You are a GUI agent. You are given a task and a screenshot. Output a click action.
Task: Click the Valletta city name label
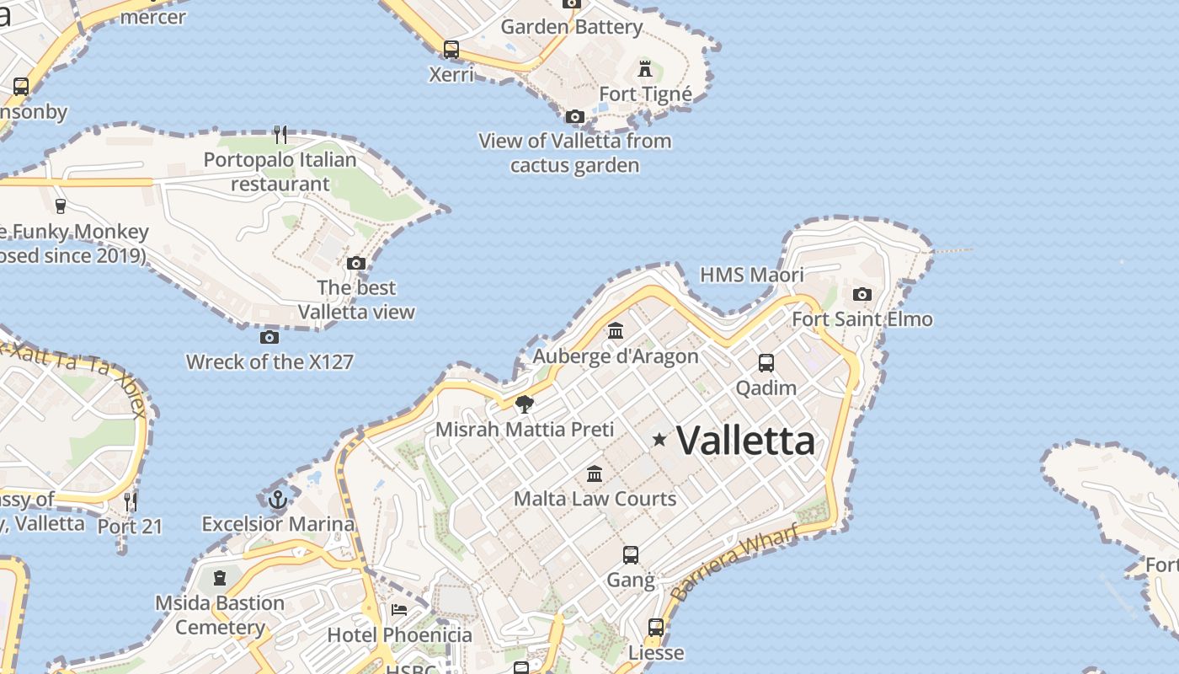click(745, 441)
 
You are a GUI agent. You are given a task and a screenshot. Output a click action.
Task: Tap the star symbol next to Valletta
click(659, 439)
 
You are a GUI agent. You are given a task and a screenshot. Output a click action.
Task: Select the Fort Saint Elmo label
click(862, 319)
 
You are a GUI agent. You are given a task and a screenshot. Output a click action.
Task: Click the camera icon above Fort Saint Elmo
click(862, 294)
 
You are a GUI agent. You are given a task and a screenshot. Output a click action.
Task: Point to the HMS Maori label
click(752, 275)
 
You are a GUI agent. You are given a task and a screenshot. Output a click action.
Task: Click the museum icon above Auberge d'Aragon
click(616, 330)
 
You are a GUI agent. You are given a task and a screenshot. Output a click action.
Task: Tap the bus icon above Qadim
click(766, 362)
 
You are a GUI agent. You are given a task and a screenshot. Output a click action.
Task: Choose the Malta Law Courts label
click(595, 499)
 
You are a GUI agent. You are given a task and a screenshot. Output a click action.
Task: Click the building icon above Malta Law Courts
click(595, 473)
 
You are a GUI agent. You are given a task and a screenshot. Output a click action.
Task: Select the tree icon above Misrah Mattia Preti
click(525, 404)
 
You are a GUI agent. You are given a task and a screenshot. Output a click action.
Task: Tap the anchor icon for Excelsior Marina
click(278, 500)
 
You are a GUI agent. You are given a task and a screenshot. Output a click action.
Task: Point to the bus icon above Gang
click(631, 554)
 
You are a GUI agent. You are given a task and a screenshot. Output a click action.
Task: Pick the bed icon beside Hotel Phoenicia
click(399, 609)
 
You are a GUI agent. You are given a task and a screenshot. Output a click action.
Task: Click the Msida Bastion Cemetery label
click(220, 615)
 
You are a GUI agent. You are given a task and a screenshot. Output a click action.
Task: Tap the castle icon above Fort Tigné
click(645, 68)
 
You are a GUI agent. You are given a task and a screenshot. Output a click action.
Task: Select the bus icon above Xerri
click(451, 49)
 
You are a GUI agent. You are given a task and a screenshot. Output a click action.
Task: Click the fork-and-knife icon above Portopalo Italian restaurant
click(280, 134)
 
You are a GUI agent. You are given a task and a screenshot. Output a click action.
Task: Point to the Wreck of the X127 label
click(269, 362)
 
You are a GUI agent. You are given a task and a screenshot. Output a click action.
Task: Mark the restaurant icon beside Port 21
click(131, 502)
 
